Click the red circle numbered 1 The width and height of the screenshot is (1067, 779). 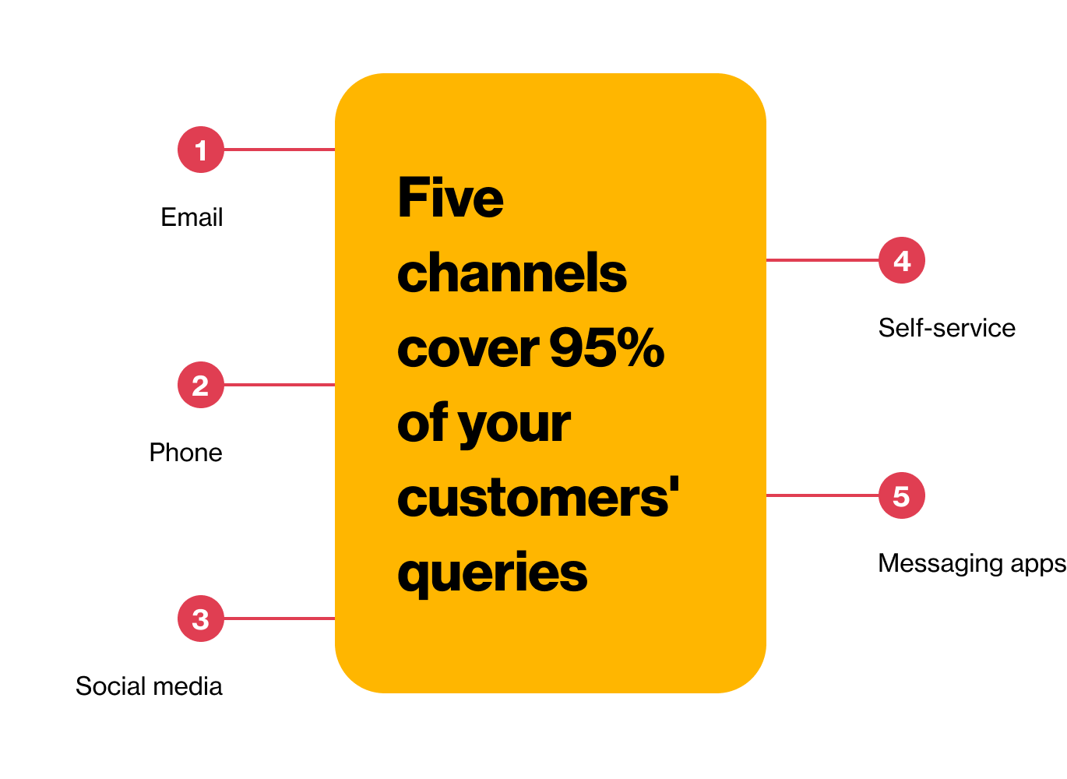(201, 150)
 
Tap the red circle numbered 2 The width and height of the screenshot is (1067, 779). (201, 385)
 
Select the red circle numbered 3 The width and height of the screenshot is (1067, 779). (201, 619)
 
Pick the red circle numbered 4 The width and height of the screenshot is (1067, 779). (901, 260)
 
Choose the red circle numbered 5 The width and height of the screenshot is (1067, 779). (901, 495)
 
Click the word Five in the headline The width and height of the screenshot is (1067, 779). (450, 198)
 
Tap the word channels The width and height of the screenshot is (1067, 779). (512, 273)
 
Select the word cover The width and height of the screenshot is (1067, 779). (468, 348)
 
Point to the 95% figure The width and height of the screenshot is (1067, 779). (607, 347)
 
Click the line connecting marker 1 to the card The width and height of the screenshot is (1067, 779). (279, 150)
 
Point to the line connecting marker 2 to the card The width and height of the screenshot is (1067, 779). (279, 385)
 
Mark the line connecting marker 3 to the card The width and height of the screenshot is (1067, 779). (279, 619)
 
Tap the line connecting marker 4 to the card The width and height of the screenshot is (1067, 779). (822, 260)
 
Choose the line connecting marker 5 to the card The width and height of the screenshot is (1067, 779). (822, 495)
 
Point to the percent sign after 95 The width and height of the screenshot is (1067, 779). (643, 347)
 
